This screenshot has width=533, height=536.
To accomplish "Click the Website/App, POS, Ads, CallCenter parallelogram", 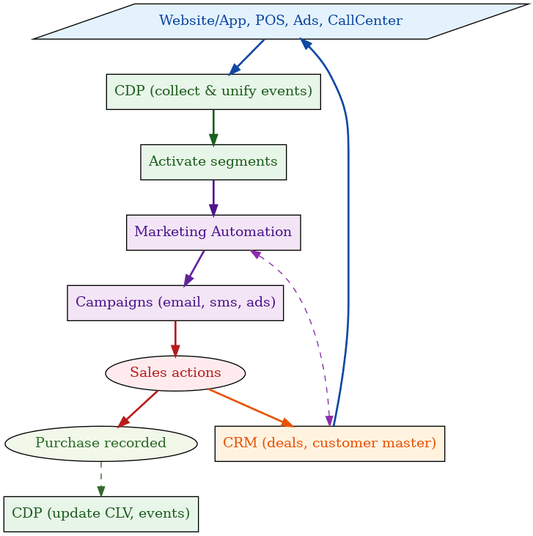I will [281, 21].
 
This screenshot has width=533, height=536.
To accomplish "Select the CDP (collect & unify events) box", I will [213, 92].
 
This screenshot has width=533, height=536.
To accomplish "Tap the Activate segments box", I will [213, 162].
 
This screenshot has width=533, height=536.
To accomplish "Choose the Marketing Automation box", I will [213, 232].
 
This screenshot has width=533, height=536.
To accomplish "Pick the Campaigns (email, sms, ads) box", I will [175, 303].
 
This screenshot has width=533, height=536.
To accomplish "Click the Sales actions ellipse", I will [175, 373].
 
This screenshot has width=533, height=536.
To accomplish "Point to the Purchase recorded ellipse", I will [100, 444].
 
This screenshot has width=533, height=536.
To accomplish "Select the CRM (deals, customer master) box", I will [329, 444].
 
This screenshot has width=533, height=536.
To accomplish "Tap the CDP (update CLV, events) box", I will [100, 513].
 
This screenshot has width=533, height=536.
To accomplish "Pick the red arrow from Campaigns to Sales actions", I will [175, 338].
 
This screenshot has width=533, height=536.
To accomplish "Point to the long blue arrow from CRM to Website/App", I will [348, 220].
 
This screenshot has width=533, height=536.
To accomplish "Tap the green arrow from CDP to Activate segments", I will [213, 126].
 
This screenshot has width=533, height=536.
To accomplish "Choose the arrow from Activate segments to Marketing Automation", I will [213, 197].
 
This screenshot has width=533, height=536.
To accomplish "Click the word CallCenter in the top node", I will [365, 21].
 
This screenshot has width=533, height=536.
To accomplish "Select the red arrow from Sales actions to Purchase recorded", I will [139, 408].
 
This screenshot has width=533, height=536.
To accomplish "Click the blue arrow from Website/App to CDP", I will [247, 56].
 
